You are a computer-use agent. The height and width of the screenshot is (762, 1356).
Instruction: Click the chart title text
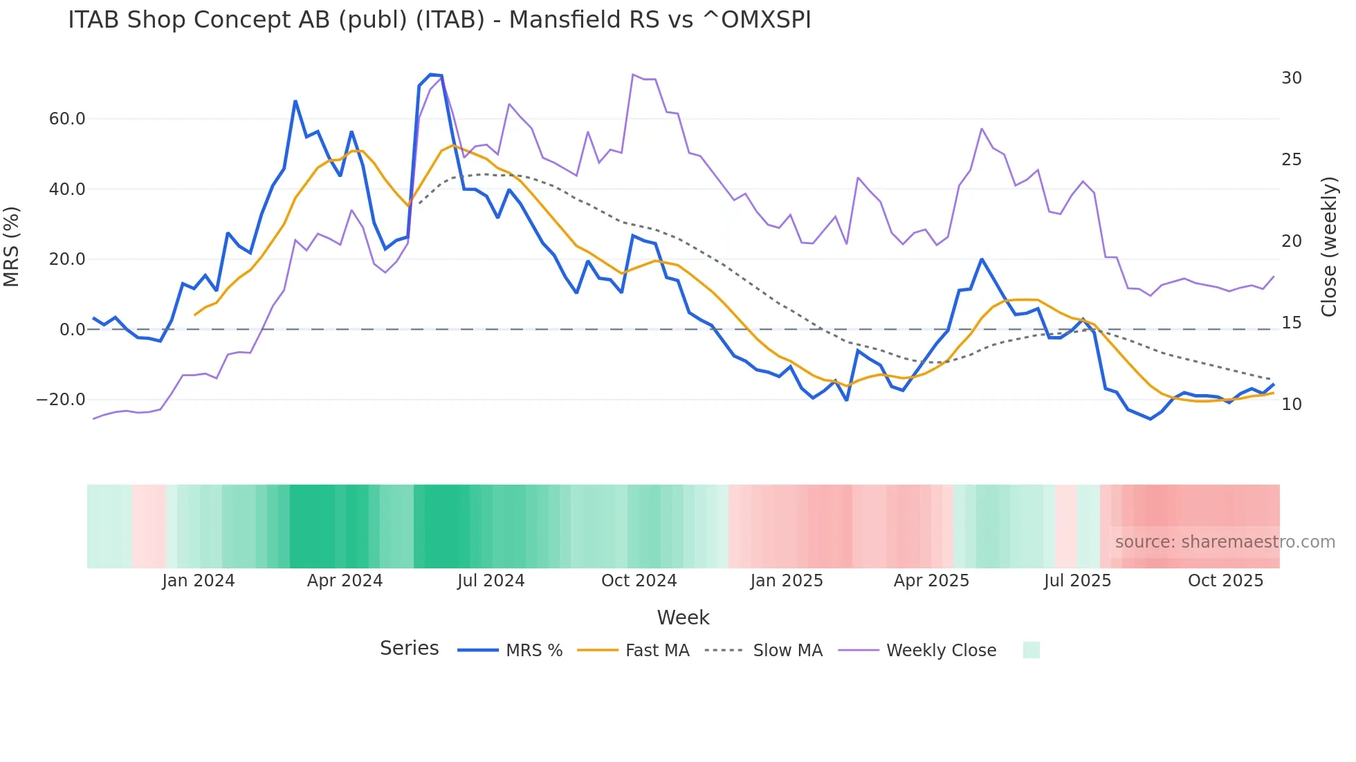point(439,20)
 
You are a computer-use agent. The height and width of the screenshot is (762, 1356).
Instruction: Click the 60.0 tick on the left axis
point(67,119)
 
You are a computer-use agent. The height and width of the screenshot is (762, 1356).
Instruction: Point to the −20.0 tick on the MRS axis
point(61,400)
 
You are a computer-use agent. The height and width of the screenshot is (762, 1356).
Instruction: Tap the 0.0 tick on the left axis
point(72,330)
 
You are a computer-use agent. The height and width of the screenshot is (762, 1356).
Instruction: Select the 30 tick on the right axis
point(1291,78)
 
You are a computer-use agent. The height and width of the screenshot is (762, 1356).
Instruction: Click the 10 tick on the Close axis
point(1291,405)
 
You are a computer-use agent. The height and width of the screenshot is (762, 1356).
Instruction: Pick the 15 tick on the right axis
point(1291,323)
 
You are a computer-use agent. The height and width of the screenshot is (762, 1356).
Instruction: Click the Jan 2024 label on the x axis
point(199,581)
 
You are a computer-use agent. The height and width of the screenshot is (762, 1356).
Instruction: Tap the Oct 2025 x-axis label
point(1225,581)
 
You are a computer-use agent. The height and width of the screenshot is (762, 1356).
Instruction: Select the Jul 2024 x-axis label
point(491,581)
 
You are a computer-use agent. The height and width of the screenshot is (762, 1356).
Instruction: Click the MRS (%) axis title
point(12,247)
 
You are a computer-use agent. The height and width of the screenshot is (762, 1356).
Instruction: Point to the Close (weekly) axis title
point(1329,247)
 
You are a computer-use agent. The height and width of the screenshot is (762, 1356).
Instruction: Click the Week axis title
point(683,617)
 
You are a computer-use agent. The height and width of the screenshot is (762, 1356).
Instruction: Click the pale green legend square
point(1031,650)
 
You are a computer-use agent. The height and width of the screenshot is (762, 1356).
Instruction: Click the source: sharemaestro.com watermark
point(1225,542)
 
